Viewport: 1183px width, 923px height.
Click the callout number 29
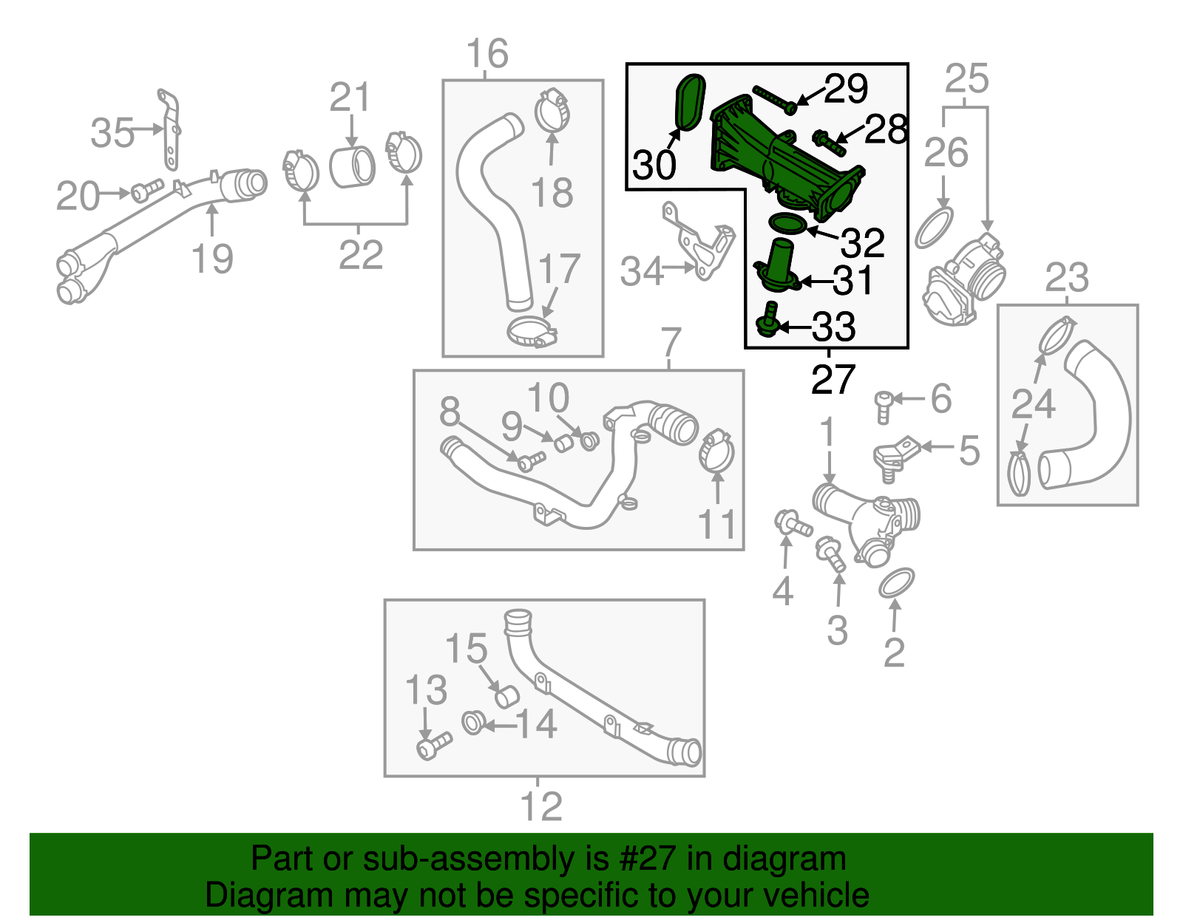click(845, 88)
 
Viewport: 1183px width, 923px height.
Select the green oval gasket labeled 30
click(690, 102)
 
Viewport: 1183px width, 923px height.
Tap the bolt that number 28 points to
click(829, 143)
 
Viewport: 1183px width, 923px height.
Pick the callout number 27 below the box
click(833, 380)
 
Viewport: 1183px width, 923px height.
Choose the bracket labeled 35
click(169, 129)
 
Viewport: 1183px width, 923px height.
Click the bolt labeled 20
click(147, 190)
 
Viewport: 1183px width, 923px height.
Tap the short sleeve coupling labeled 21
click(352, 167)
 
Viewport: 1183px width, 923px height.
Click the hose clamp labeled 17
click(532, 333)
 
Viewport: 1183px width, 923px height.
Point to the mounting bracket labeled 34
click(698, 242)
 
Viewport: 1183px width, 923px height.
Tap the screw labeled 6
click(883, 407)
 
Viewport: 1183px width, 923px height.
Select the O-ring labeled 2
click(897, 582)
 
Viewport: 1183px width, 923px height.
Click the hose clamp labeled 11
click(716, 451)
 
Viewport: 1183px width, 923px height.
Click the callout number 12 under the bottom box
click(541, 806)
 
